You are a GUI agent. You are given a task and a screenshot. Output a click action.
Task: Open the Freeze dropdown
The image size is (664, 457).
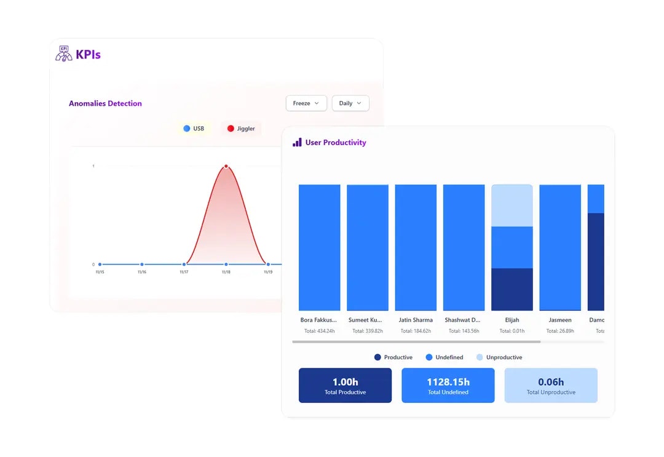[x=306, y=103]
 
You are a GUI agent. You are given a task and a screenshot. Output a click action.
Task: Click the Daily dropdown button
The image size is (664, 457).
[x=350, y=103]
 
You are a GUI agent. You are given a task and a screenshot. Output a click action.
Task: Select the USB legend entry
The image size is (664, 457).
[x=194, y=129]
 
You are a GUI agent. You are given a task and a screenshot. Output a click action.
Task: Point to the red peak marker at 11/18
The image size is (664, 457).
[x=226, y=166]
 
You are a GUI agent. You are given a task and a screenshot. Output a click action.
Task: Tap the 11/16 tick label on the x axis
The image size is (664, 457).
[x=142, y=272]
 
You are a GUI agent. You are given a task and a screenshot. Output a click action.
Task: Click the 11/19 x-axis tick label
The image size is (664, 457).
[x=268, y=272]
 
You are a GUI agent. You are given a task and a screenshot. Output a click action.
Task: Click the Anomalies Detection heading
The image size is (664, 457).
[x=105, y=103]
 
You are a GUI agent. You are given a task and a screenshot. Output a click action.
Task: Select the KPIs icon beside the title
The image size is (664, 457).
[x=63, y=54]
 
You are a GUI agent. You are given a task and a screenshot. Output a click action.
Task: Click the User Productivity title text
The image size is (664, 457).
[x=335, y=143]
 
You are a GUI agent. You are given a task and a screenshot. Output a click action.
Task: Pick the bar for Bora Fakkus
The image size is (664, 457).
[x=319, y=247]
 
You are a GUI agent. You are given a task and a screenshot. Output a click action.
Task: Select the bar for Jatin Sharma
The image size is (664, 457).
[x=416, y=247]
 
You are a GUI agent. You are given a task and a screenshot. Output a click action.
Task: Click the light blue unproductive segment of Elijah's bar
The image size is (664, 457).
[x=512, y=206]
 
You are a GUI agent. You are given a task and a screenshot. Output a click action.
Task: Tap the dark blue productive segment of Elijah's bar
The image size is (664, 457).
[x=512, y=289]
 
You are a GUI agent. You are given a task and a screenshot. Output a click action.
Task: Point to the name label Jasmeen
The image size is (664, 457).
[x=560, y=320]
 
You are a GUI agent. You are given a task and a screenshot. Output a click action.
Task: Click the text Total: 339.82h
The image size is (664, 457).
[x=368, y=331]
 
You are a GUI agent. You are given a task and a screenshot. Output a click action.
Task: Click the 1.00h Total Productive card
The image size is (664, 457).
[x=345, y=386]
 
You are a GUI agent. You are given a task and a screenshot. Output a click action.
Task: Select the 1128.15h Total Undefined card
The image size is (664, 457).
[x=448, y=386]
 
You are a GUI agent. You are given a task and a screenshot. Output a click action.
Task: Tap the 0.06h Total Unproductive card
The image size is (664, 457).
[x=551, y=386]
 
